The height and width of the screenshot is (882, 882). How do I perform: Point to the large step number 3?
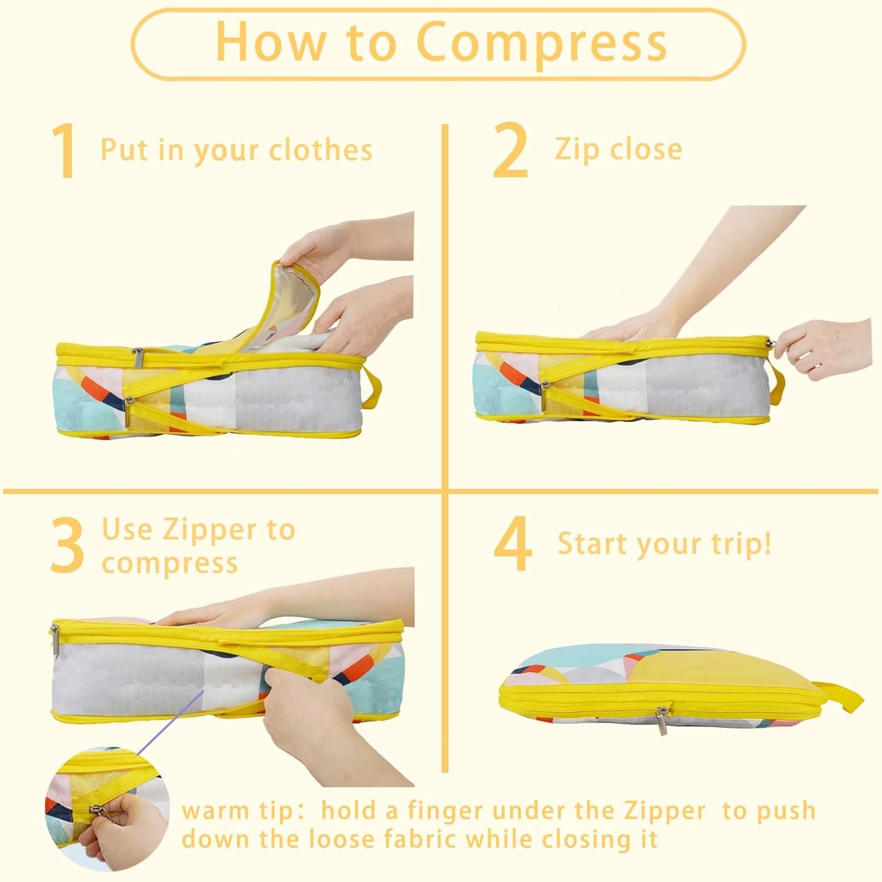(66, 546)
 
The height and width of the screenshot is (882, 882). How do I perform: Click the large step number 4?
(513, 544)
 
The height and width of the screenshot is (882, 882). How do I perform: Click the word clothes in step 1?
(321, 150)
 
